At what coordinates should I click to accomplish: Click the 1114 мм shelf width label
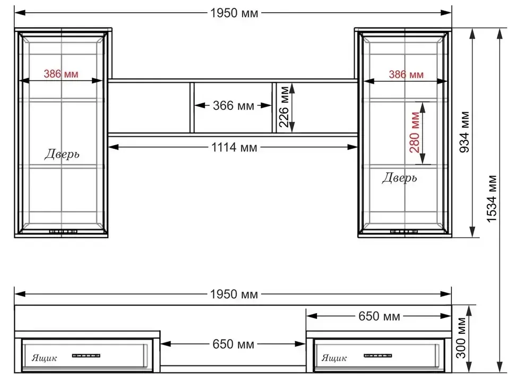coord(234,147)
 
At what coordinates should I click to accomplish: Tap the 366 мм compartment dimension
coord(234,106)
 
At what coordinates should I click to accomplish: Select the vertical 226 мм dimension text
coord(284,107)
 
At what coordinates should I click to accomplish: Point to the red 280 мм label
coord(415,132)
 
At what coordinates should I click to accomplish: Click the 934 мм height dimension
coord(465,132)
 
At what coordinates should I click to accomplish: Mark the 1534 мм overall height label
coord(492,199)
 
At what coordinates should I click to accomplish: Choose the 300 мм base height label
coord(461,338)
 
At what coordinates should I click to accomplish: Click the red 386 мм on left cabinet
coord(61,74)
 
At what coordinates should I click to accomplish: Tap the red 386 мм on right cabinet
coord(406,74)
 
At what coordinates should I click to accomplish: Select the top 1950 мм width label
coord(234,13)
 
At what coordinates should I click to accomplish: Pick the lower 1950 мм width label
coord(234,294)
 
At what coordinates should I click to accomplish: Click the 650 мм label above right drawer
coord(380,316)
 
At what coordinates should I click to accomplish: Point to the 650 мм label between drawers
coord(234,344)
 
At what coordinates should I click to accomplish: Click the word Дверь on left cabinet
coord(62,154)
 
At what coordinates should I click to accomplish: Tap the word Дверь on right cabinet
coord(400,178)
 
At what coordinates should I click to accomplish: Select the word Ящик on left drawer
coord(45,358)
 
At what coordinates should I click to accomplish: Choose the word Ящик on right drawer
coord(334,358)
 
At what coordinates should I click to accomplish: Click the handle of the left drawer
coord(86,356)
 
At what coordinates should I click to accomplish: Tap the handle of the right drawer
coord(377,356)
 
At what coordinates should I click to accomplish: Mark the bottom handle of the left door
coord(63,231)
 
